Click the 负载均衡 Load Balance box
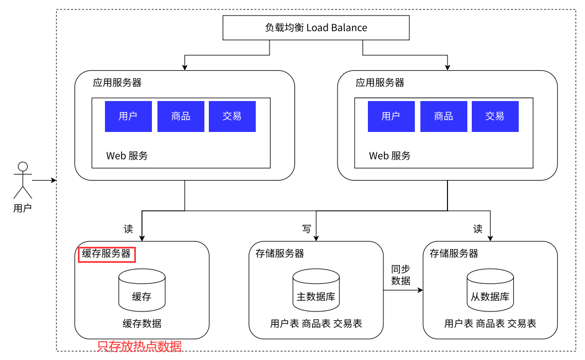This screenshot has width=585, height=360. coord(316,28)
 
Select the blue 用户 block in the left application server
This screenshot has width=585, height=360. coord(128,117)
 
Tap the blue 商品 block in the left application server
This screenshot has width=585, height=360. coord(181,117)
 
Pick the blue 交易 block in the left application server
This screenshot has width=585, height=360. coord(232,117)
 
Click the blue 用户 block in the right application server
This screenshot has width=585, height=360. coord(391,117)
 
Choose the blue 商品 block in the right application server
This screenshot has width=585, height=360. coord(444,117)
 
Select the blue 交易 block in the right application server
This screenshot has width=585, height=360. coord(495,117)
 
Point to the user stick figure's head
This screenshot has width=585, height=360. coord(23,167)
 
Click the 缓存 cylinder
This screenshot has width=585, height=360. coord(142,290)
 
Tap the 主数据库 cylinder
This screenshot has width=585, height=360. coord(316,290)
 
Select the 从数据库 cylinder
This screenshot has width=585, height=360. coord(490,290)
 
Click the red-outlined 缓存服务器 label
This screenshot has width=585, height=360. coord(107,255)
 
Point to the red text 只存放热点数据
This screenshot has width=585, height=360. coord(139,347)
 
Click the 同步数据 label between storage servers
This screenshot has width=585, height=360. coord(400,275)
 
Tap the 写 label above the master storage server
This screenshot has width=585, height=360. coord(307,229)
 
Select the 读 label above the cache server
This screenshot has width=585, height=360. coord(128,229)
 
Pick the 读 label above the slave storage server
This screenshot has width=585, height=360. coord(478,229)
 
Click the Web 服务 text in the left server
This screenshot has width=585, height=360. coord(127,156)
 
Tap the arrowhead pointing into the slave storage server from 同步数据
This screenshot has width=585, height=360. coord(420,290)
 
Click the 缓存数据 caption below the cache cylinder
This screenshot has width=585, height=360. coord(142,324)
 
